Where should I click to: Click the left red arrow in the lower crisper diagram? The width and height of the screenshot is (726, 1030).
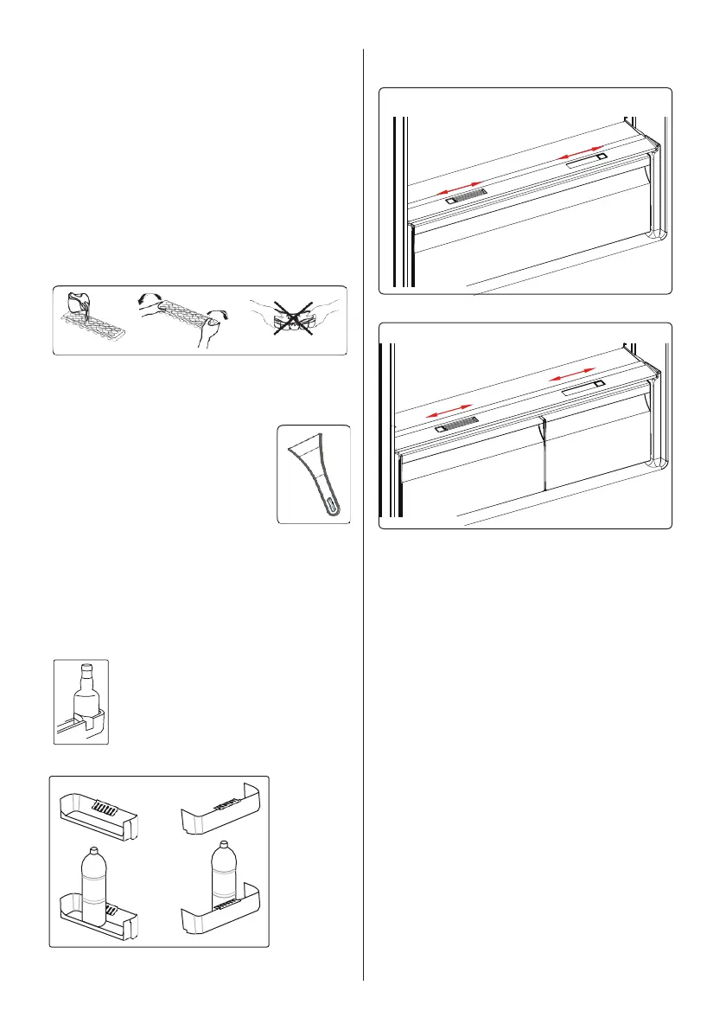(450, 411)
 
